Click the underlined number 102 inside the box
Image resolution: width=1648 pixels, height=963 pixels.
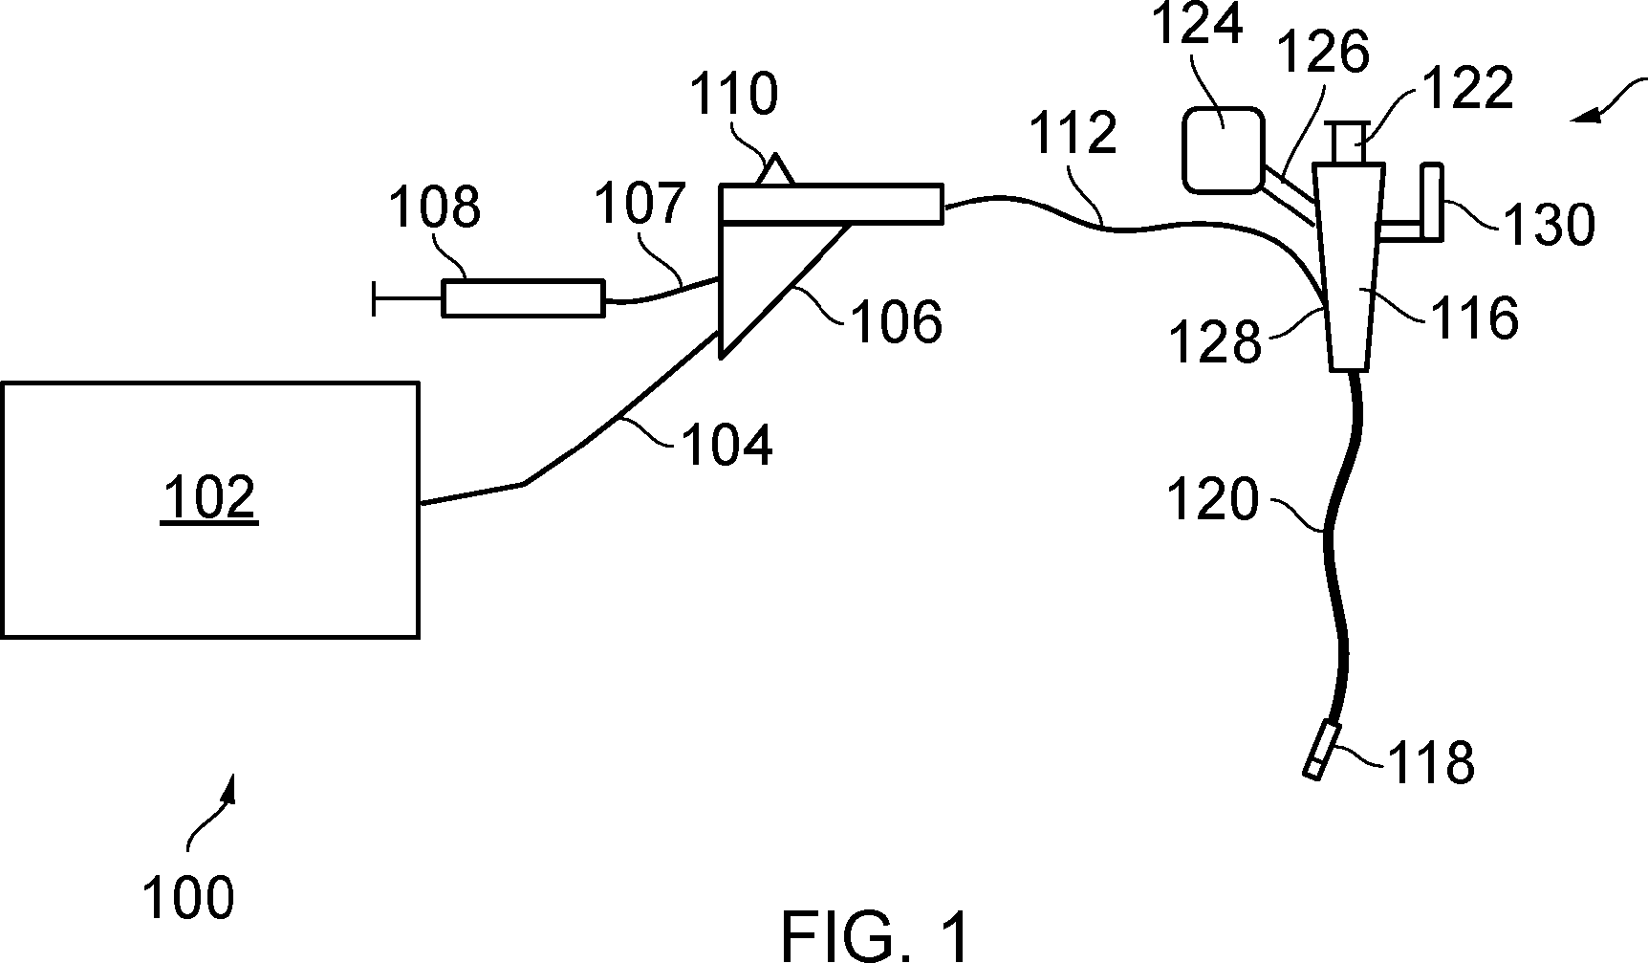tap(210, 498)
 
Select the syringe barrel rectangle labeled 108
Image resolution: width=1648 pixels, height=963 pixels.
tap(523, 298)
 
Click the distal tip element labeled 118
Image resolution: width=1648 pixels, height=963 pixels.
tap(1322, 752)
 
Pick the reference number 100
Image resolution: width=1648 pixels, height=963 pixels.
tap(188, 898)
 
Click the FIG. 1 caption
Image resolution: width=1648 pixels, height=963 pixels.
tap(874, 934)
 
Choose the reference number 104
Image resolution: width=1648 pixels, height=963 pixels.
tap(726, 444)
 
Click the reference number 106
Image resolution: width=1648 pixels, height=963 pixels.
tap(896, 321)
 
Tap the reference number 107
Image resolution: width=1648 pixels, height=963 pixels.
tap(640, 204)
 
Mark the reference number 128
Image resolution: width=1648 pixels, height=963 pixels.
tap(1216, 341)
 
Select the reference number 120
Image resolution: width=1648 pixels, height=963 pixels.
tap(1213, 499)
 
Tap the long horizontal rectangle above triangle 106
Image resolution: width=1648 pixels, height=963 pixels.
tap(831, 202)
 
